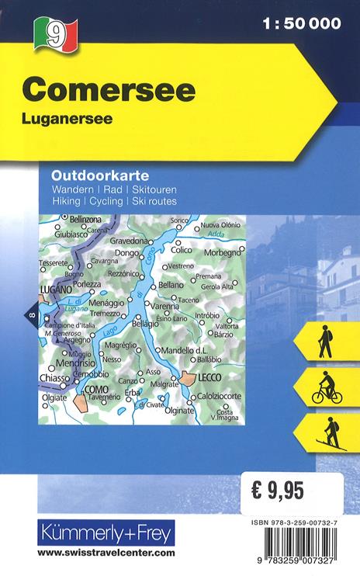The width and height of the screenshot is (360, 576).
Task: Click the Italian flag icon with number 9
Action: (x=54, y=33)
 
